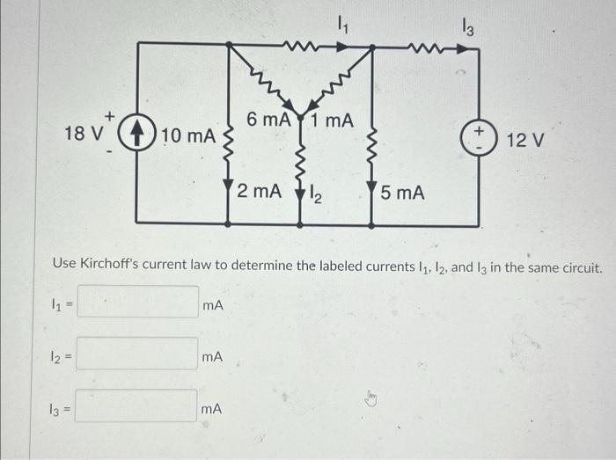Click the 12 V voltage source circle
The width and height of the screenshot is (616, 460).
click(x=480, y=137)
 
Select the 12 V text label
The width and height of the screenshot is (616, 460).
click(x=527, y=139)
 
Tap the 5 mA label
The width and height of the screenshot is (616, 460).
click(x=403, y=191)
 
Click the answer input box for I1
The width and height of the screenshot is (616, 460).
click(x=137, y=304)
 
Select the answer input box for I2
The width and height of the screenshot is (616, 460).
click(x=137, y=355)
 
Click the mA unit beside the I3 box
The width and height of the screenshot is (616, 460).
click(x=212, y=409)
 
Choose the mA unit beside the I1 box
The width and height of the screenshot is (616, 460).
click(x=212, y=306)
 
